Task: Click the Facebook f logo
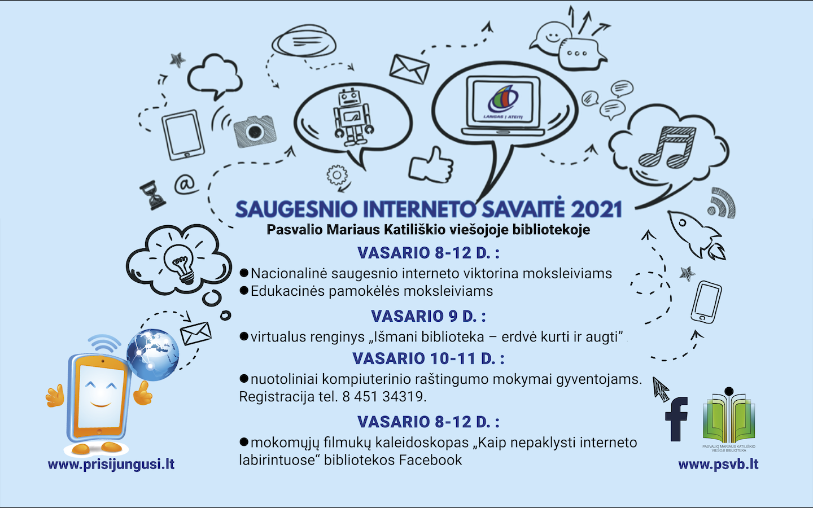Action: (x=676, y=419)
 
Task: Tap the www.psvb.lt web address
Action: (x=718, y=465)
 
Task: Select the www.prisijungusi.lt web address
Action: (x=111, y=465)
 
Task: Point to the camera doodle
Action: (x=255, y=131)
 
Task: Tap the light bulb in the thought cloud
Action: (x=181, y=263)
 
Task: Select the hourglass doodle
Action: (x=152, y=195)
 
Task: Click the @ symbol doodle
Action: (x=185, y=185)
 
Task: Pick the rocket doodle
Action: (x=695, y=235)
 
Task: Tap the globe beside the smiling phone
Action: (x=153, y=355)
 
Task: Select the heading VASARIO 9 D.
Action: (x=429, y=316)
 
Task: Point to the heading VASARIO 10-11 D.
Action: (x=429, y=358)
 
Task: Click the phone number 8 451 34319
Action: (x=384, y=397)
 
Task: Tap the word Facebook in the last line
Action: (x=430, y=460)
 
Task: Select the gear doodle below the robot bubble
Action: (x=337, y=175)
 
